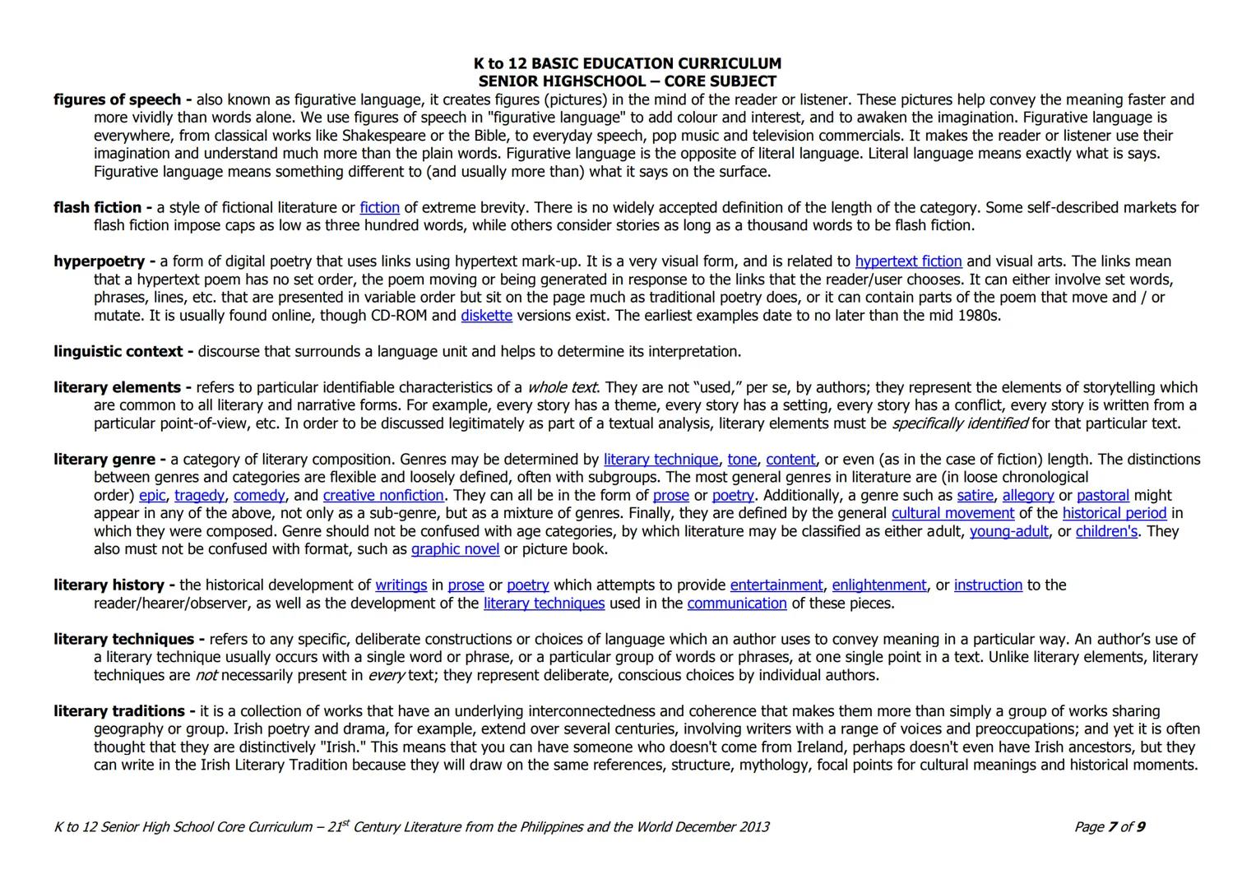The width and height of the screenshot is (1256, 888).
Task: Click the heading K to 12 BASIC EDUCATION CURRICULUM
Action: (x=627, y=63)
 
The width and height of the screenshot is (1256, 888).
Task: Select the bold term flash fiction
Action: (x=99, y=207)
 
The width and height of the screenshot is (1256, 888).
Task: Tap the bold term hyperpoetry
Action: (x=100, y=261)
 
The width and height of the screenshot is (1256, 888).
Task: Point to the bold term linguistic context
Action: (x=118, y=352)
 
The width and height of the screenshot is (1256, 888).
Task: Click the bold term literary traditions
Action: (x=119, y=711)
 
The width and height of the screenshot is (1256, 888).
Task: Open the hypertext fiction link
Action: (x=908, y=261)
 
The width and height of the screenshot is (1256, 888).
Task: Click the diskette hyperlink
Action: (x=486, y=316)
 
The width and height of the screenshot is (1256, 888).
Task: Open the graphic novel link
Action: (x=455, y=549)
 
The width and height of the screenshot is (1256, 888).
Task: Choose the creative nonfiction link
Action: (x=383, y=496)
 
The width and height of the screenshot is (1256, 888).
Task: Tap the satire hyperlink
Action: (x=975, y=496)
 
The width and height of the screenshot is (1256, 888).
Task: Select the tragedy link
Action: (x=199, y=496)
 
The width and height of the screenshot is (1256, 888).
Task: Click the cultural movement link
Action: (x=952, y=514)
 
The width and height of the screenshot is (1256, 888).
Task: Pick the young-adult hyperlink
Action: (x=1008, y=532)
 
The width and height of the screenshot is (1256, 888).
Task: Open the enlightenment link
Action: (x=879, y=585)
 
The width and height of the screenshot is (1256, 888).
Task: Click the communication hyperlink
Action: (x=737, y=604)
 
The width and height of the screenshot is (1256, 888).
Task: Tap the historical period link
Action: (x=1114, y=514)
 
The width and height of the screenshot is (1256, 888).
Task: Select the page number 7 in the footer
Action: (x=1113, y=826)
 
